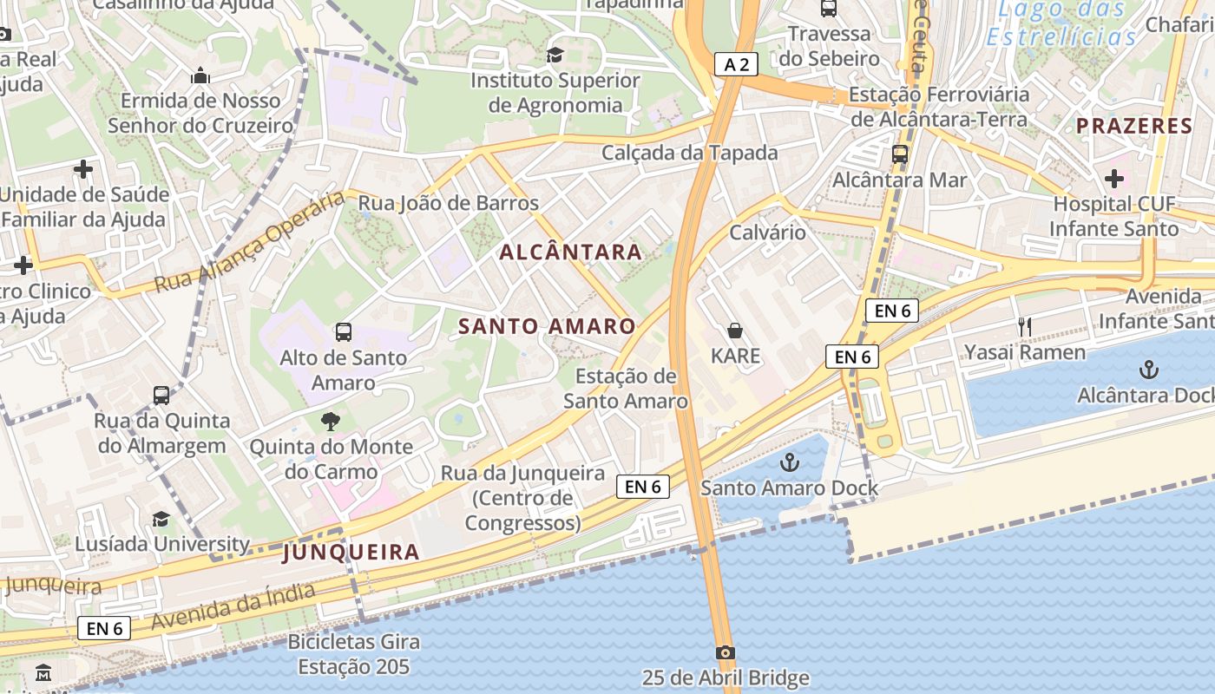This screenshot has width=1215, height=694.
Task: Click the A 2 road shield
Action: (x=737, y=63)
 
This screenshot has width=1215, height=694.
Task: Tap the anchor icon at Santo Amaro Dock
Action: (x=789, y=462)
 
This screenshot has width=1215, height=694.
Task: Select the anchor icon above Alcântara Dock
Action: (x=1148, y=370)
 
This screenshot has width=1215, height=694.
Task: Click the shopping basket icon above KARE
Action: (x=735, y=331)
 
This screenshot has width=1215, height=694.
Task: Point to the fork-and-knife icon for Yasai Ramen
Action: (x=1025, y=326)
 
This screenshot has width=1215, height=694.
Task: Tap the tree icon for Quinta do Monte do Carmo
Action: (x=330, y=422)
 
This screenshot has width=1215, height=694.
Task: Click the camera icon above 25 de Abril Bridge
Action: (x=726, y=652)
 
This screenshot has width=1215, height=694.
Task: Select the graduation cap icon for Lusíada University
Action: (x=161, y=519)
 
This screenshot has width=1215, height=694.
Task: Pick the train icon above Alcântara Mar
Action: (x=900, y=154)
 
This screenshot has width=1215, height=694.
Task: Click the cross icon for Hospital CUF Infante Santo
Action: (x=1114, y=179)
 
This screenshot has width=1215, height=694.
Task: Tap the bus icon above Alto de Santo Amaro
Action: (x=344, y=331)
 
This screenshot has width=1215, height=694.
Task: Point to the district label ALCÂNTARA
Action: (x=571, y=252)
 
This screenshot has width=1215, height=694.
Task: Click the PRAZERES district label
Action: (x=1134, y=127)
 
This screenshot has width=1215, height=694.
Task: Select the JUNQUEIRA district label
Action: (x=351, y=552)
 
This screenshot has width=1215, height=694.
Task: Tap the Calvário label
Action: (x=767, y=232)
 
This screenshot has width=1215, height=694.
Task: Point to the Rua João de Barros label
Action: (x=449, y=203)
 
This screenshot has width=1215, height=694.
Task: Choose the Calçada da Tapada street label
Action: (x=690, y=153)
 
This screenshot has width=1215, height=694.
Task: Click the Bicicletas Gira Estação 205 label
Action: (x=354, y=655)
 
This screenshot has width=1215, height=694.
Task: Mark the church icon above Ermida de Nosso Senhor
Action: (x=200, y=75)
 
